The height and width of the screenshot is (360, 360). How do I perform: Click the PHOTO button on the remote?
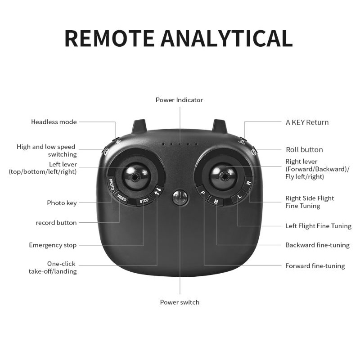tap(111, 184)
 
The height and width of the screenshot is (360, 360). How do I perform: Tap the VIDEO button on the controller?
tap(121, 198)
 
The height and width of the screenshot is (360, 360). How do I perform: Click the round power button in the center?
tap(180, 197)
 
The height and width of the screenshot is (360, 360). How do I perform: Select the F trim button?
tap(202, 193)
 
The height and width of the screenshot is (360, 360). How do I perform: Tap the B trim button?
tap(216, 201)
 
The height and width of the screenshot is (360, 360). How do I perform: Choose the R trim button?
tap(249, 183)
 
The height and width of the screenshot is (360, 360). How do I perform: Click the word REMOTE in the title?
tap(109, 38)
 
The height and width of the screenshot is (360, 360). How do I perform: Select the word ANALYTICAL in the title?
tap(227, 38)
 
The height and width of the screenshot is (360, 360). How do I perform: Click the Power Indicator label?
tap(179, 100)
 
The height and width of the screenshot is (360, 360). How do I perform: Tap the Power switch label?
tap(180, 302)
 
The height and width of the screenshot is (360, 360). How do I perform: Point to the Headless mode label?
tap(54, 122)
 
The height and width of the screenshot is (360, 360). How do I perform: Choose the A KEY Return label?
tap(307, 122)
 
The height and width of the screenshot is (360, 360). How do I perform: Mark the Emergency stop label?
tap(53, 245)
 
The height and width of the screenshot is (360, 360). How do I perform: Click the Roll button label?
tap(305, 150)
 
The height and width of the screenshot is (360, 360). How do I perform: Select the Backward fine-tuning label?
tap(318, 245)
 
